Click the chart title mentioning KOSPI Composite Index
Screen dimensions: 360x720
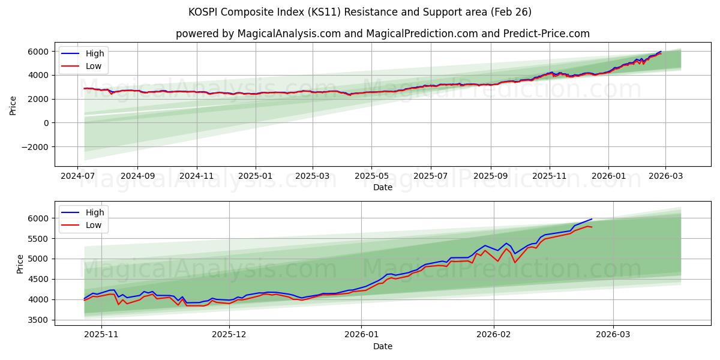[x=360, y=12]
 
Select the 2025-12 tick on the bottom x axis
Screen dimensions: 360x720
[x=230, y=334]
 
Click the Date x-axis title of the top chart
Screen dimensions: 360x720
[x=382, y=187]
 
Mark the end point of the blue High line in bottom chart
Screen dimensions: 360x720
[x=592, y=219]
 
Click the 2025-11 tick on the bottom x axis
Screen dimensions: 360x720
[x=101, y=334]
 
